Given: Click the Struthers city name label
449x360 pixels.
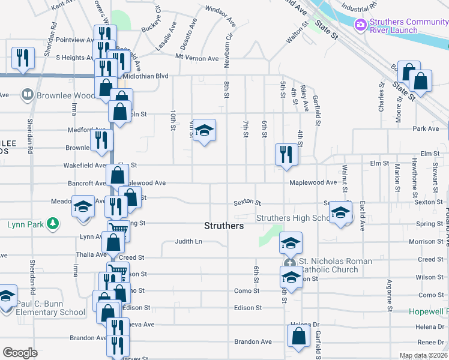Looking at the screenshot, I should click(x=224, y=226).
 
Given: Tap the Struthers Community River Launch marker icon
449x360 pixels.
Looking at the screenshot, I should click(x=361, y=25).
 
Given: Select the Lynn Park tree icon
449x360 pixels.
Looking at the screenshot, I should click(x=53, y=224).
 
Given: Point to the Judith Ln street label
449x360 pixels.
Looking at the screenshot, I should click(x=188, y=242).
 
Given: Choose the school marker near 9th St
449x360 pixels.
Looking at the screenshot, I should click(x=204, y=130).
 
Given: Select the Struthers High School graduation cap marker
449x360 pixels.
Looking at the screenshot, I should click(x=340, y=212).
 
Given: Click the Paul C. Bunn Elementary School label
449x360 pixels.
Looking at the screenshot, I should click(x=51, y=308).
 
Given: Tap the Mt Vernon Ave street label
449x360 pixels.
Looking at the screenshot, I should click(x=197, y=58).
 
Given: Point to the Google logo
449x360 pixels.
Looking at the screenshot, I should click(x=20, y=352).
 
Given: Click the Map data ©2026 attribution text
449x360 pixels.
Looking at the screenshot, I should click(x=423, y=356).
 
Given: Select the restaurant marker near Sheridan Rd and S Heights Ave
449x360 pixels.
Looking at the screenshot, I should click(x=23, y=58).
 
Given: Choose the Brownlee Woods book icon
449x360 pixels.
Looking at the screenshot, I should click(x=27, y=95).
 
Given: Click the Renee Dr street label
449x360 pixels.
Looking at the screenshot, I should click(x=430, y=342).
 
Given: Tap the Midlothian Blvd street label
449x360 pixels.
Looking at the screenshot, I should click(x=146, y=76).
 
